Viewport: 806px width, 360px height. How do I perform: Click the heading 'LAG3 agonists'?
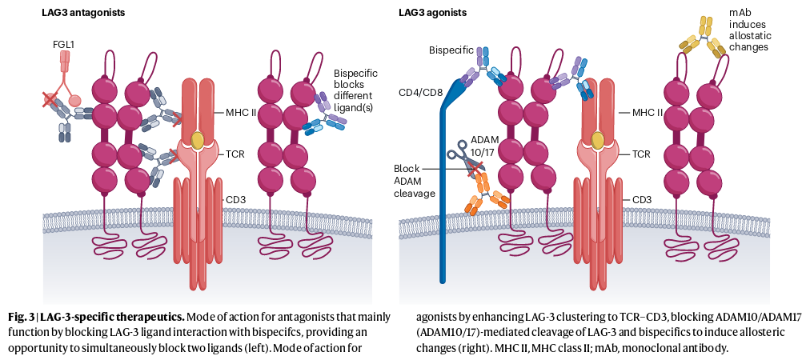431,13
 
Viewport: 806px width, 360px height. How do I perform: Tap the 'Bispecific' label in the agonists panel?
451,51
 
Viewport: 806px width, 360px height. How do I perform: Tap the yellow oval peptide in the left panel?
198,141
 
